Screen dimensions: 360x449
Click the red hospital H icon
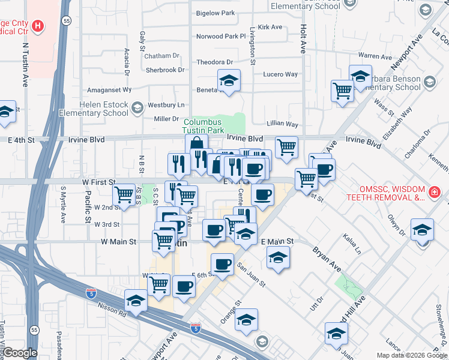(38, 26)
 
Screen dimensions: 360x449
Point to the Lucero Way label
(280, 74)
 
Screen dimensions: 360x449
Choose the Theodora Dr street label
(214, 62)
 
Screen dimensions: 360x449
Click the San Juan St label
(250, 274)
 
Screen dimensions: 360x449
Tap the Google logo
(20, 352)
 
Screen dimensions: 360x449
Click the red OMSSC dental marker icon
(434, 193)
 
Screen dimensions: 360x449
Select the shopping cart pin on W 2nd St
(124, 194)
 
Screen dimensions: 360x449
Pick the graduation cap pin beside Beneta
(228, 81)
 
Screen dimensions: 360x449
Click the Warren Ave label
(375, 56)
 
